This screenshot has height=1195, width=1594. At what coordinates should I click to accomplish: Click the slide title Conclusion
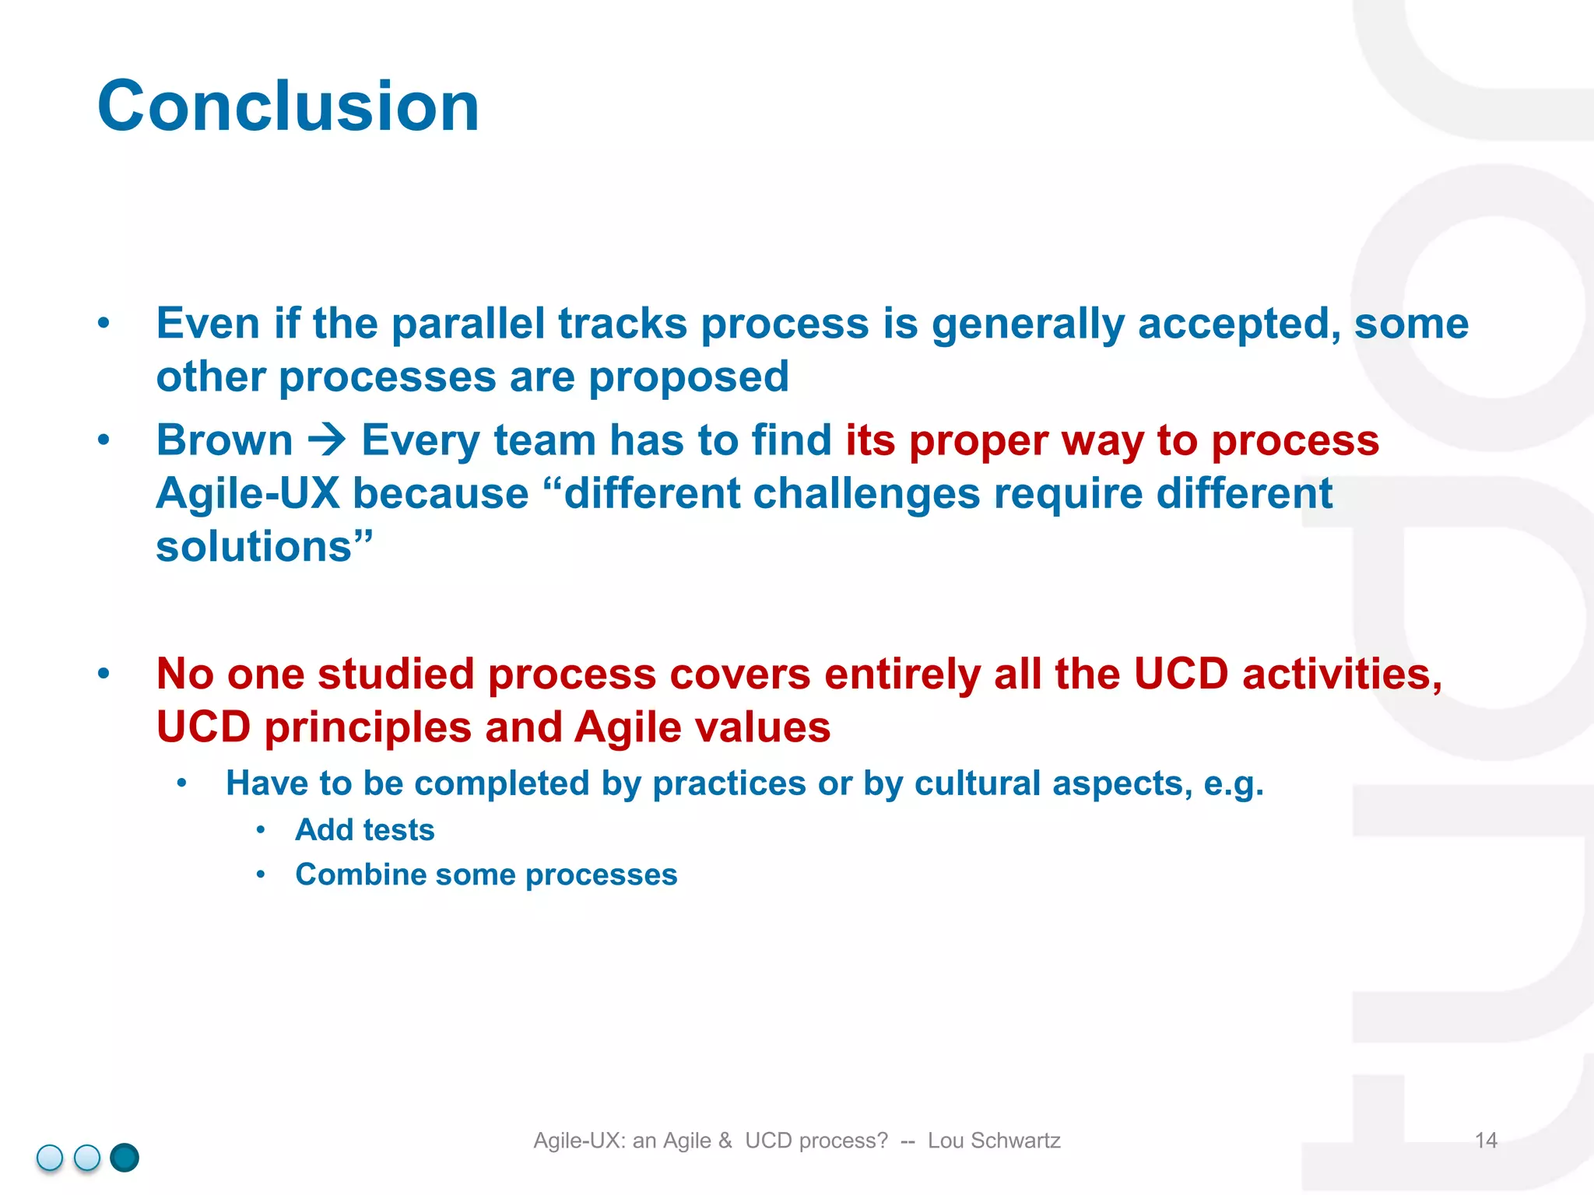(288, 107)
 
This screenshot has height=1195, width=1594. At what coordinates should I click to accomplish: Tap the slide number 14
(1485, 1141)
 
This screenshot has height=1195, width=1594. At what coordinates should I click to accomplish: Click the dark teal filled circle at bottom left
(125, 1158)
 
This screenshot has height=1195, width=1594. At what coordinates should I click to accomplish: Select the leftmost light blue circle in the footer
(50, 1158)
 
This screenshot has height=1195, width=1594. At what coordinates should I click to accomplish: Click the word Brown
(224, 440)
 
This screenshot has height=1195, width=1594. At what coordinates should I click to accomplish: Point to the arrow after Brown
(327, 440)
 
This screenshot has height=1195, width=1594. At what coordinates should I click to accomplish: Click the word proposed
(688, 377)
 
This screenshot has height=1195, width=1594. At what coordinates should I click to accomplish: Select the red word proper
(978, 441)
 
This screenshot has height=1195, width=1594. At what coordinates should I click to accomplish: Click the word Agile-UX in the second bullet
(248, 494)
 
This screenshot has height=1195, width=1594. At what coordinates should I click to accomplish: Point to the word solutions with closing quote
(264, 547)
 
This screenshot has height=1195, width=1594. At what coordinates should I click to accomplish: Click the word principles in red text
(367, 727)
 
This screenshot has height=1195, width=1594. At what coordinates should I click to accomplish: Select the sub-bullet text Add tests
(364, 830)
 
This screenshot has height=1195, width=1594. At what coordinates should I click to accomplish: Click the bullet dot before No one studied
(104, 674)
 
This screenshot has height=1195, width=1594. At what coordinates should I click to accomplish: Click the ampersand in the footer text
(725, 1141)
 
